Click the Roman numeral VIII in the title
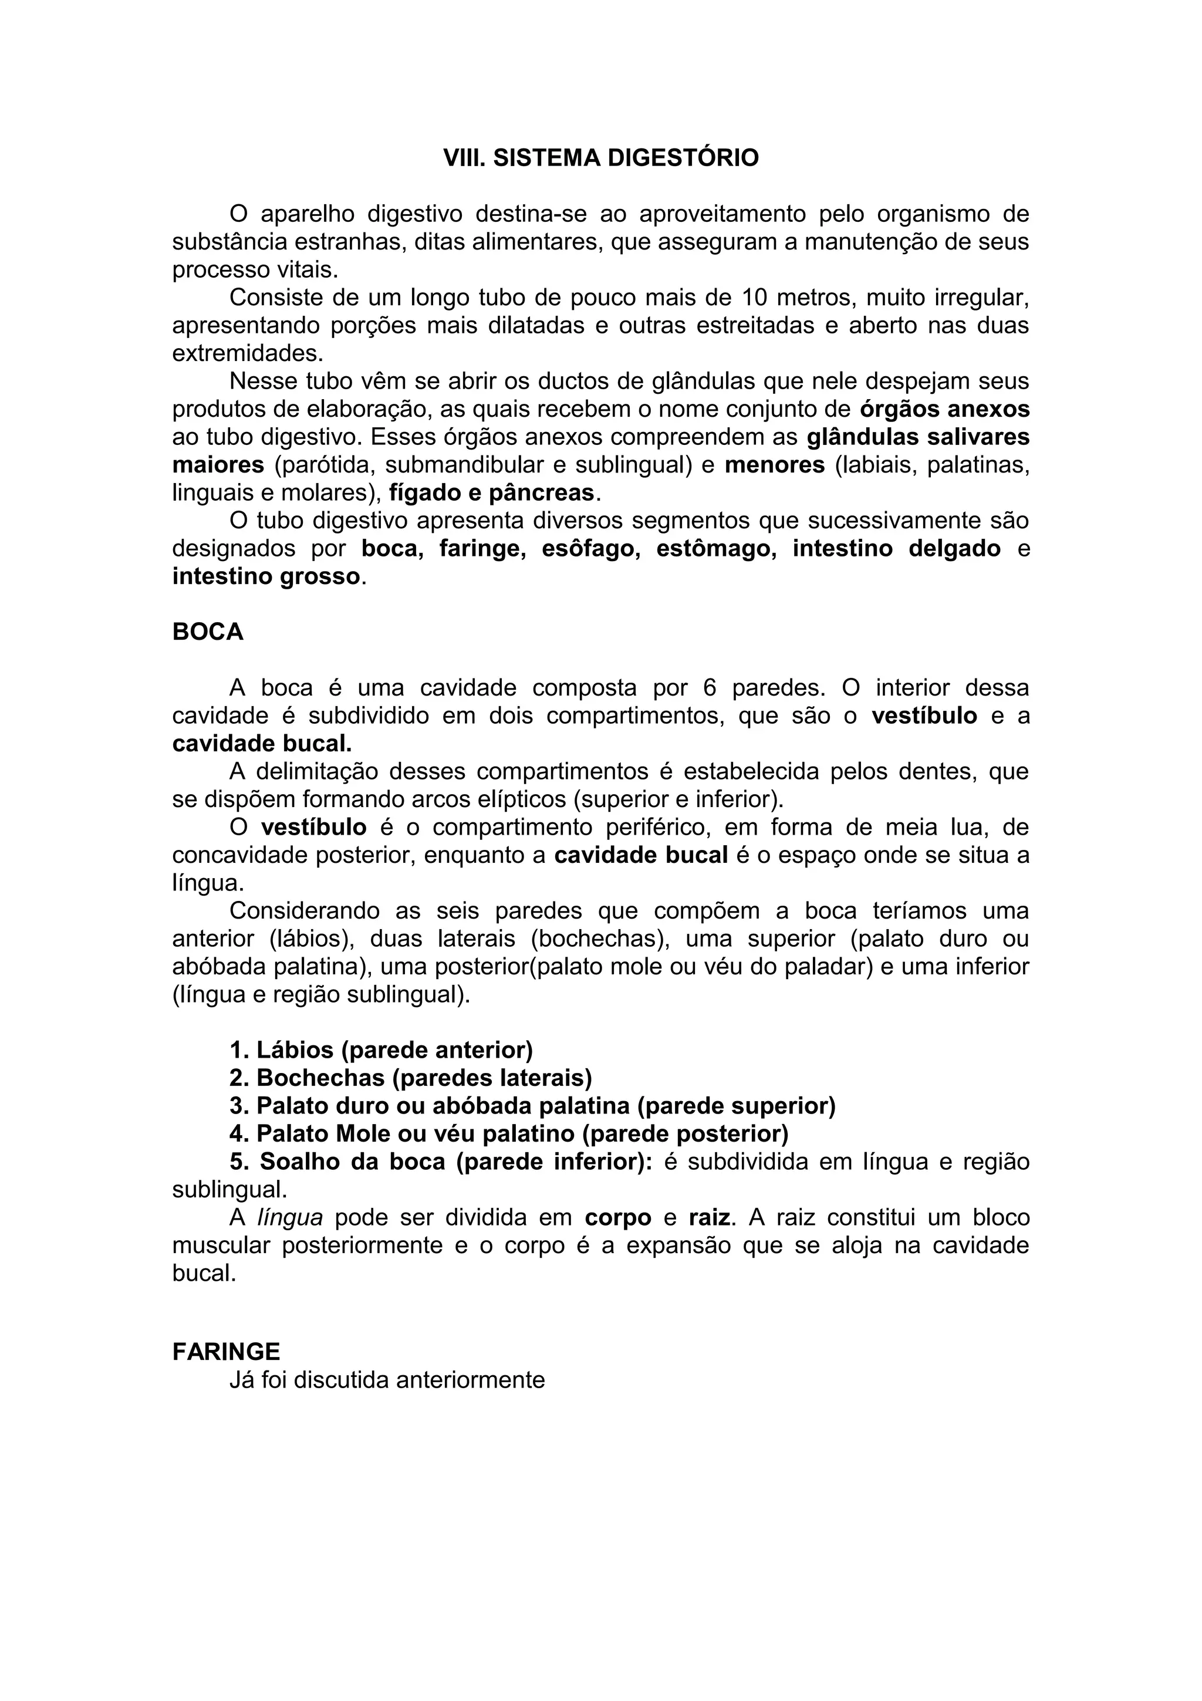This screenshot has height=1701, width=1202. click(464, 158)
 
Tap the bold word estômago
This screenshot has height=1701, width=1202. click(716, 548)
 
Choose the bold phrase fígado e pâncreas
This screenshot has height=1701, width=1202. click(492, 492)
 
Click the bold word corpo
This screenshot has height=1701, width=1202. click(617, 1217)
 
